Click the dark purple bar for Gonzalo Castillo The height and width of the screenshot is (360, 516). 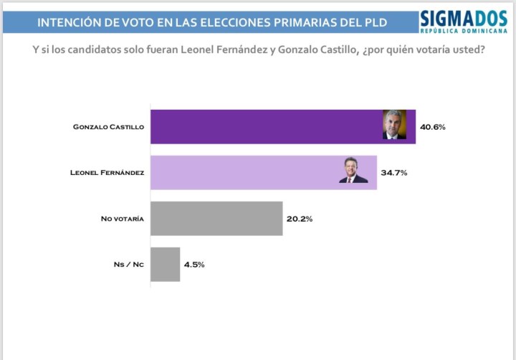tap(265, 127)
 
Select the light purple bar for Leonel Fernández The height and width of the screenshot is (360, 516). tap(244, 173)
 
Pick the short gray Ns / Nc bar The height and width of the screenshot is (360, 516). tap(166, 264)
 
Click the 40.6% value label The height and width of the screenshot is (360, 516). tap(434, 127)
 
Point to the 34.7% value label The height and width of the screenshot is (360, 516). tap(395, 173)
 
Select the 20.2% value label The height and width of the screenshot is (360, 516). tap(300, 219)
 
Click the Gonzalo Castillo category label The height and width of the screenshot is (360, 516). tap(109, 127)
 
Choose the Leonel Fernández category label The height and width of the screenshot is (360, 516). tap(107, 173)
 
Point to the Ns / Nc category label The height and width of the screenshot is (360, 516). tap(129, 264)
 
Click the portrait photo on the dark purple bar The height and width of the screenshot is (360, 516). tap(394, 125)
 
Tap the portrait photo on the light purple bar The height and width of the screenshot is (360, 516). tap(353, 171)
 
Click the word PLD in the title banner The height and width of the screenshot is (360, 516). tap(373, 23)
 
